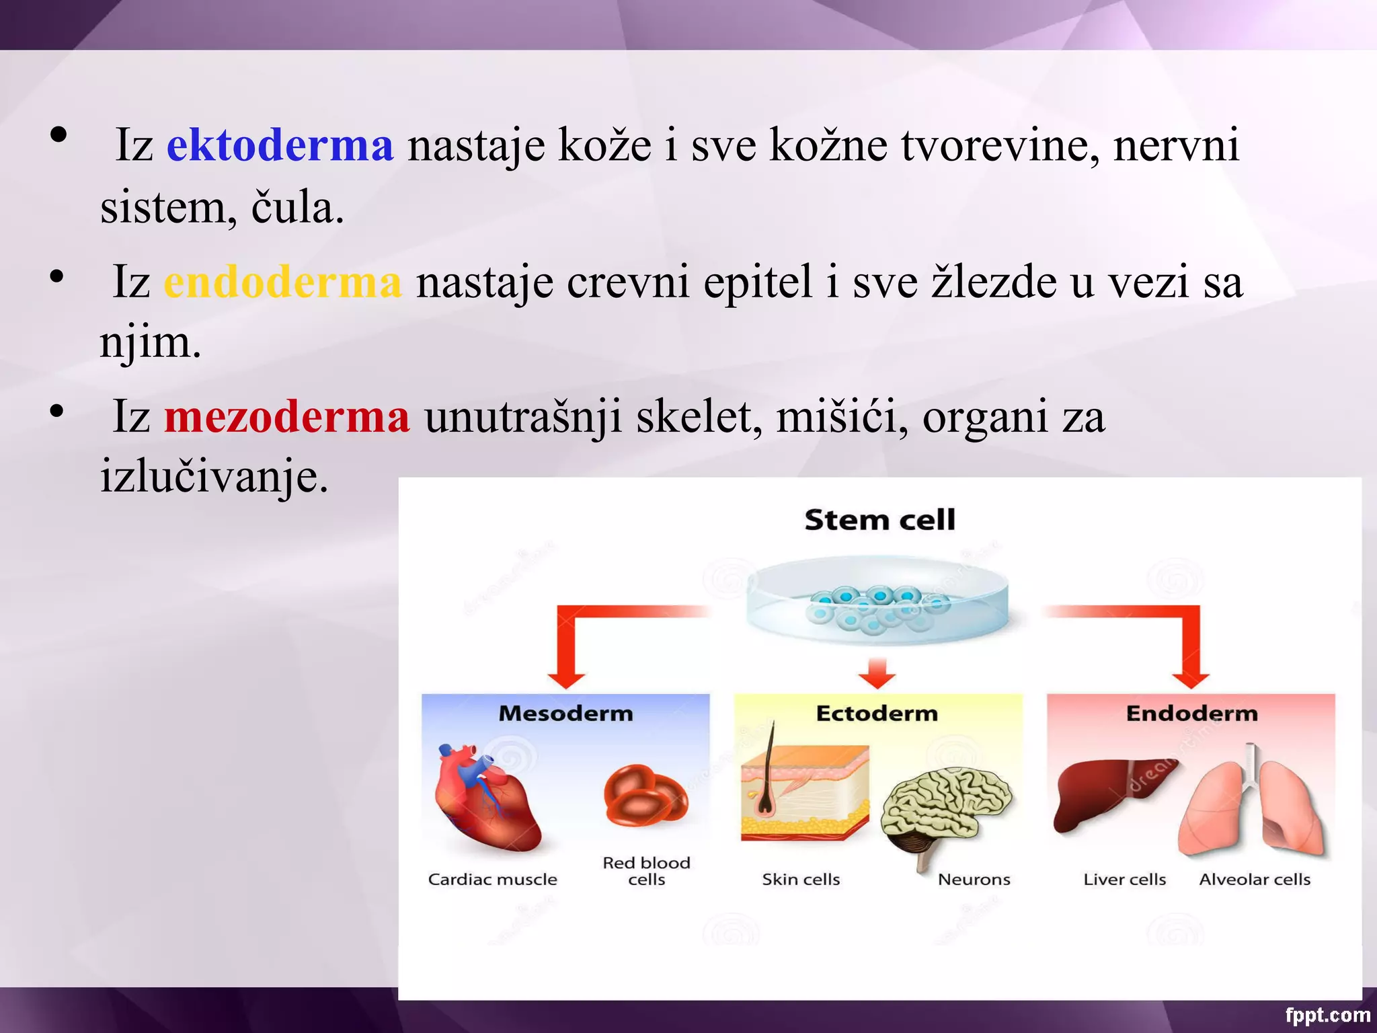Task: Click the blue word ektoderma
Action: tap(280, 145)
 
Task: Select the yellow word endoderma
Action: tap(282, 282)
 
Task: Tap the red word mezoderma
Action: tap(287, 417)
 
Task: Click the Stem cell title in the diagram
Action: tap(879, 520)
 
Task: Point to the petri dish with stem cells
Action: tap(877, 601)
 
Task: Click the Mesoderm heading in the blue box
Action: tap(565, 713)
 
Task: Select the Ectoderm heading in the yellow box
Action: tap(877, 713)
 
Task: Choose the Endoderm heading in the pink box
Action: tap(1191, 713)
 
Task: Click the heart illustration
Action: tap(485, 797)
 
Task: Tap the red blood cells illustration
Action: tap(645, 797)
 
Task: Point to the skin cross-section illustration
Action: tap(803, 794)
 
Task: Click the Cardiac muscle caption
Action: tap(492, 880)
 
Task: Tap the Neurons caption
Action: tap(974, 880)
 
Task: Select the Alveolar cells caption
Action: tap(1255, 880)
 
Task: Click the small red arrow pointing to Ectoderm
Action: tap(877, 673)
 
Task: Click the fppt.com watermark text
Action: tap(1327, 1015)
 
